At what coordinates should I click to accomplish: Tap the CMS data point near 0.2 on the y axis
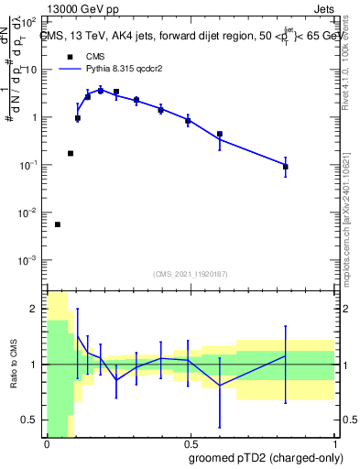71,153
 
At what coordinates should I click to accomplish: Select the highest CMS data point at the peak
101,90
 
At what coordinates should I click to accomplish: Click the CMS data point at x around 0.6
220,135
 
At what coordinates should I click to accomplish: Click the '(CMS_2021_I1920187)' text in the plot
190,274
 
